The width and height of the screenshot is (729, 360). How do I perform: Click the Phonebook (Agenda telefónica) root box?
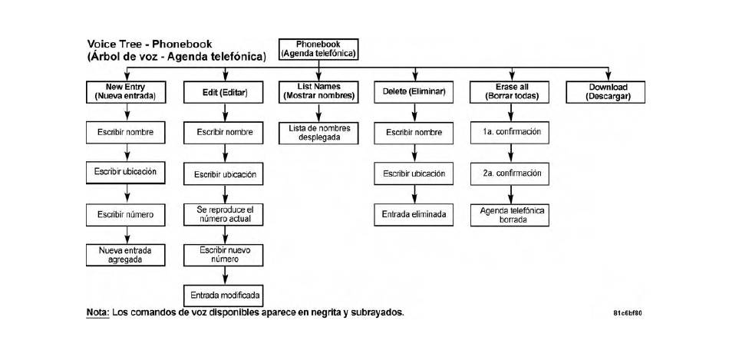318,49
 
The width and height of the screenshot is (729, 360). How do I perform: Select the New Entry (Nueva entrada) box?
126,92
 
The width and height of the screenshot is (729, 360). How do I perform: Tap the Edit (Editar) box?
225,92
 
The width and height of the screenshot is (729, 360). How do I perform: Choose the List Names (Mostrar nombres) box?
318,92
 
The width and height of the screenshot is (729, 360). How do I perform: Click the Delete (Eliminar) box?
414,92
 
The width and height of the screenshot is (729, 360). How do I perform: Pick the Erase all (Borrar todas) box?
511,92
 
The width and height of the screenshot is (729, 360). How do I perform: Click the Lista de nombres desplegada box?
318,133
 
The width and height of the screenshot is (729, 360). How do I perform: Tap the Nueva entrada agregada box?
126,255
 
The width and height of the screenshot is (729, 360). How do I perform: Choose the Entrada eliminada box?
414,214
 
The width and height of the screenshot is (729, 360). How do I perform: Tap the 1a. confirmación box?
511,133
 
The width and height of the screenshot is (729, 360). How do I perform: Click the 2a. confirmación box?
511,173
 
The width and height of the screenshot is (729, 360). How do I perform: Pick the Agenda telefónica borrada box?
511,215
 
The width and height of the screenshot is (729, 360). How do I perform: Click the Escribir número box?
126,214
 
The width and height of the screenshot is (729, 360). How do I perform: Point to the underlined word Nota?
97,312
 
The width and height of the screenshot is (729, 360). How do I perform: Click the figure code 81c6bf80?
628,313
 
